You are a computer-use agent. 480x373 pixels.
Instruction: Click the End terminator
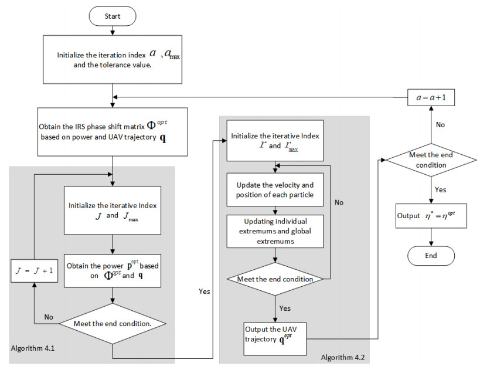pyautogui.click(x=431, y=255)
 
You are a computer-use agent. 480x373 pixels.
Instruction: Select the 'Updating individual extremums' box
pyautogui.click(x=275, y=230)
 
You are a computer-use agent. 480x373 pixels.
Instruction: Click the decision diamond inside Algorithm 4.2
pyautogui.click(x=275, y=279)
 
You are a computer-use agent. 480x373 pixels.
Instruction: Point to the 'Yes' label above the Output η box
pyautogui.click(x=441, y=189)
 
